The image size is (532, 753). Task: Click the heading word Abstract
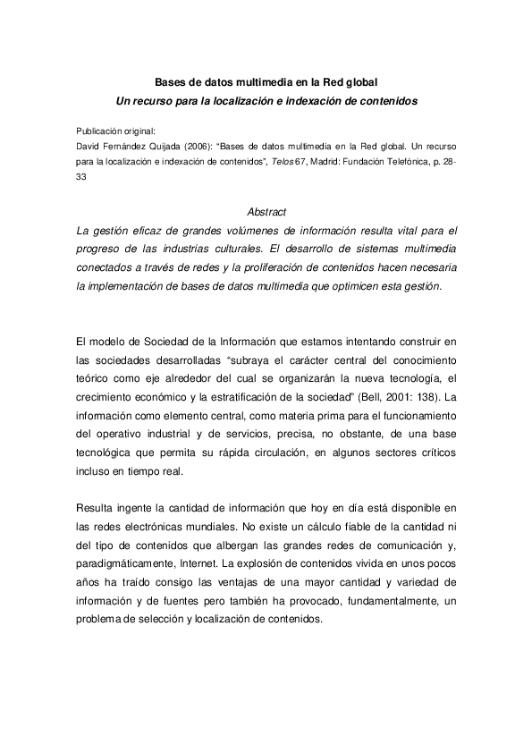(x=266, y=212)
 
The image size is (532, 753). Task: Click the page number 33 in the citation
(x=82, y=177)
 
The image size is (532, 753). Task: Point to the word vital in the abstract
(x=399, y=230)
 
